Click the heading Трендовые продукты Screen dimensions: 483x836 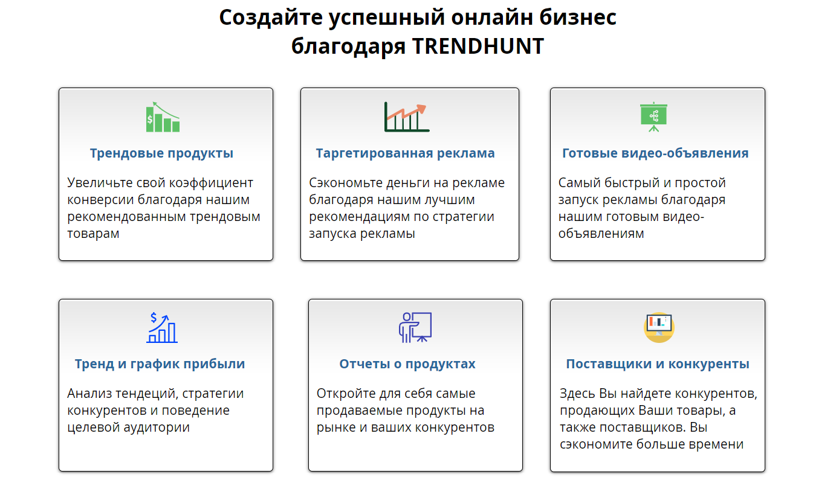161,153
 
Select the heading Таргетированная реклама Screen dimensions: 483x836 405,153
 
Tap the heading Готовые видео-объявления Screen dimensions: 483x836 655,153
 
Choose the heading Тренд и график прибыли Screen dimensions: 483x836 160,364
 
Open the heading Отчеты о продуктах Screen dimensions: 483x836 407,364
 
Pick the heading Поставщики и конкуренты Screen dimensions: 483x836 658,364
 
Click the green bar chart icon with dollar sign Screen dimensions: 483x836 163,117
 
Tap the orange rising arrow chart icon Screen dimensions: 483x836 406,117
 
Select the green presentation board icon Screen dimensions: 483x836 653,117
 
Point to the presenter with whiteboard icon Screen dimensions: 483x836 415,327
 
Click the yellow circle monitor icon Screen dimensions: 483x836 659,327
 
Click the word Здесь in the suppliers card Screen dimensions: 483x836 577,394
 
